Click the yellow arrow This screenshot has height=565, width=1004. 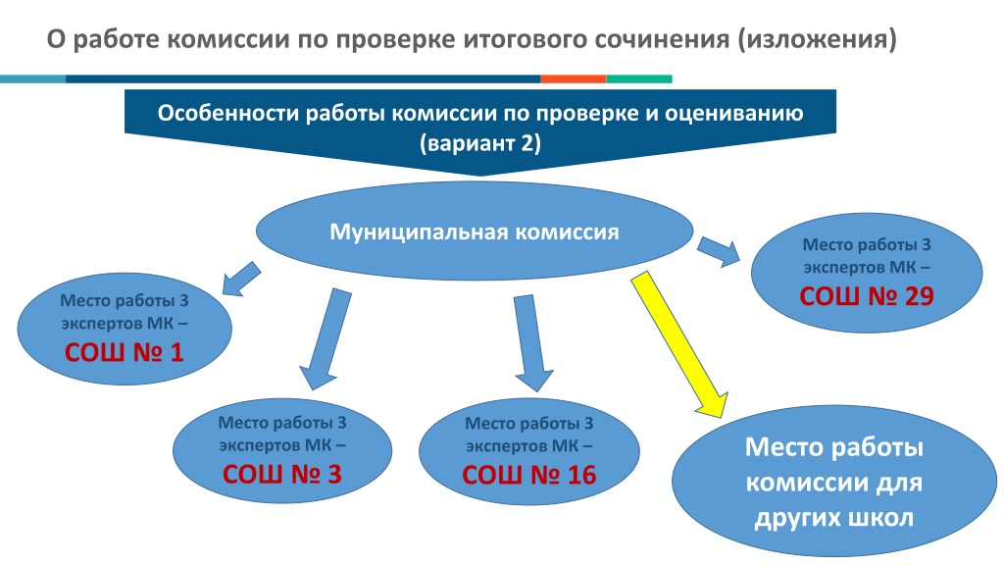pyautogui.click(x=679, y=344)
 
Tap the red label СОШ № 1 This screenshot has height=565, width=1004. pyautogui.click(x=125, y=352)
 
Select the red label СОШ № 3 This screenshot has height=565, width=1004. pyautogui.click(x=281, y=474)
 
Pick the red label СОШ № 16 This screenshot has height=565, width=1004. pyautogui.click(x=528, y=475)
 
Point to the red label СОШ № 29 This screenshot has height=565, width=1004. pyautogui.click(x=867, y=296)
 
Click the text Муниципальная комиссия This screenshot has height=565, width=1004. pyautogui.click(x=475, y=231)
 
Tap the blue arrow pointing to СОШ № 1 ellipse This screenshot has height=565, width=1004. pyautogui.click(x=241, y=280)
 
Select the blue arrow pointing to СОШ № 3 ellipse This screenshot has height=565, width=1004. pyautogui.click(x=326, y=338)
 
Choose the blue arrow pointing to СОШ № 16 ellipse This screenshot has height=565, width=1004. pyautogui.click(x=532, y=343)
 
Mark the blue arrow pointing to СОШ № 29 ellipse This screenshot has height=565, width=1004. pyautogui.click(x=719, y=251)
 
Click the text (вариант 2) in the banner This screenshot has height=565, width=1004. pyautogui.click(x=480, y=142)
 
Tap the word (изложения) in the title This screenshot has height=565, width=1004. pyautogui.click(x=817, y=39)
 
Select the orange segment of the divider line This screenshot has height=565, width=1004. pyautogui.click(x=573, y=78)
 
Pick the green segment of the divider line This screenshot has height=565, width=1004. pyautogui.click(x=639, y=78)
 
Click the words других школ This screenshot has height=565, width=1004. pyautogui.click(x=834, y=518)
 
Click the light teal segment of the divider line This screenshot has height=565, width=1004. pyautogui.click(x=32, y=78)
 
